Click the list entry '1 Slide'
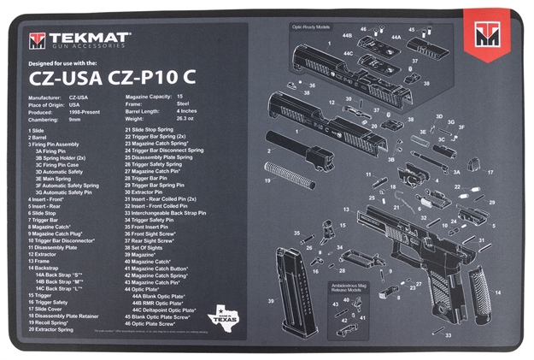pos(37,130)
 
